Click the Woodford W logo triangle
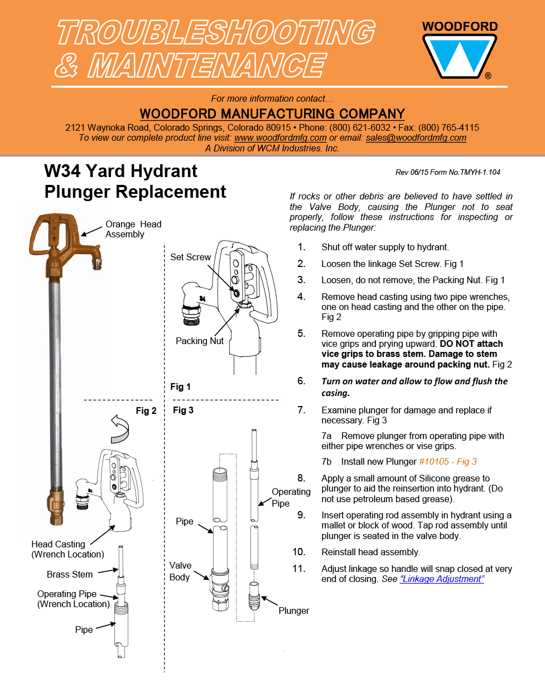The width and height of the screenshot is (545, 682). click(x=459, y=56)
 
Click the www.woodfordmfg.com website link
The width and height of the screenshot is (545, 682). click(x=280, y=138)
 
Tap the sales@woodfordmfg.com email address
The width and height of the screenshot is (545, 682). click(x=416, y=138)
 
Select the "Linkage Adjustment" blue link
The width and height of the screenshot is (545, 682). click(x=442, y=579)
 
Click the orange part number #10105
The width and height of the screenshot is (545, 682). click(x=433, y=462)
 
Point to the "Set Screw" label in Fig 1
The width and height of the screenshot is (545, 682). click(x=190, y=257)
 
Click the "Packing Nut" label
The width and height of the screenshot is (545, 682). click(x=200, y=341)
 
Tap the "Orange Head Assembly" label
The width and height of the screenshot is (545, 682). click(x=133, y=229)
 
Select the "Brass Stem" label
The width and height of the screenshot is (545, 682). click(x=70, y=574)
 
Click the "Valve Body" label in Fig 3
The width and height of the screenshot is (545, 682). click(x=180, y=571)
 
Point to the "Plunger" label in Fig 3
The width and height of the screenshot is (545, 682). click(x=293, y=611)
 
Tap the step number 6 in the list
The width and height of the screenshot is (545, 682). click(x=301, y=381)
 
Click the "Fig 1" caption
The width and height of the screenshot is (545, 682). click(x=180, y=387)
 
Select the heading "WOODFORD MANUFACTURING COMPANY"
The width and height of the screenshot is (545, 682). click(x=272, y=114)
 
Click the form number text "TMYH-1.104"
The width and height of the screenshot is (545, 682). click(x=480, y=172)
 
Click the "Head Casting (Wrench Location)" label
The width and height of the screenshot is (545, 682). click(x=67, y=549)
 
